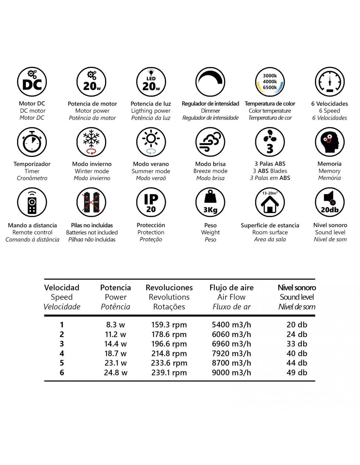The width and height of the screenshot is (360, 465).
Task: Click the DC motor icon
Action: [x=32, y=82]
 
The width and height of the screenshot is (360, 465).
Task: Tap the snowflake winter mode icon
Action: [x=91, y=142]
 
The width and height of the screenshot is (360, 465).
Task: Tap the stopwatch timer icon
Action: [x=32, y=142]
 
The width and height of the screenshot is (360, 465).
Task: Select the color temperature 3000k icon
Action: [x=270, y=82]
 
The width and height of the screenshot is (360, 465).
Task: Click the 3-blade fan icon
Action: [x=270, y=142]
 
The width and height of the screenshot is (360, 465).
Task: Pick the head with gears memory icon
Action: [x=330, y=142]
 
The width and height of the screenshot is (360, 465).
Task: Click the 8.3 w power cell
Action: [x=116, y=325]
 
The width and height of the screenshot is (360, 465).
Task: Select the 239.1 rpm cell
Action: [x=169, y=372]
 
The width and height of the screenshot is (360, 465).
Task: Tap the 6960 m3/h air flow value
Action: [x=231, y=344]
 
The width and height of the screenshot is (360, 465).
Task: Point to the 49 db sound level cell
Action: [x=297, y=372]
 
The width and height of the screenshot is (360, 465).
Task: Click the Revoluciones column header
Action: [x=169, y=288]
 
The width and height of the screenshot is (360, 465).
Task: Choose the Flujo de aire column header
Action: [x=231, y=288]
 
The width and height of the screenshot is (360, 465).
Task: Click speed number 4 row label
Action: [x=62, y=353]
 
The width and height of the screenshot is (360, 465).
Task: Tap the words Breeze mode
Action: [x=210, y=171]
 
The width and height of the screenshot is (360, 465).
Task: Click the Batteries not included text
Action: [x=92, y=232]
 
